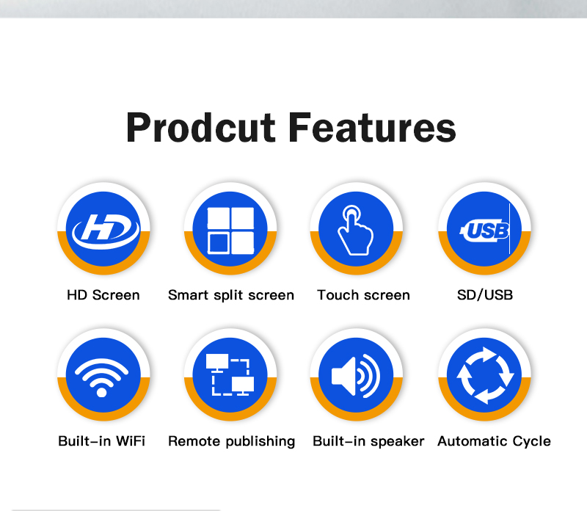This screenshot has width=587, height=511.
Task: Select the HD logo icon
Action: coord(106,231)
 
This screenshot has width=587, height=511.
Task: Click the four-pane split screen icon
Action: coord(230,231)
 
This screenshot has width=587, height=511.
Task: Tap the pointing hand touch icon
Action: coord(355,231)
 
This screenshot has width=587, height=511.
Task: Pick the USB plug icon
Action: coord(484,230)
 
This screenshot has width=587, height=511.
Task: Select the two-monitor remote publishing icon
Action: coord(230,374)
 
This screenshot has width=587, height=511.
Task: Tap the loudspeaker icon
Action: coord(356,376)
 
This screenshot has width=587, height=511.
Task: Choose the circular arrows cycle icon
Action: coord(485,375)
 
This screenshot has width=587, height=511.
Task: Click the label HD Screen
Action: coord(103,295)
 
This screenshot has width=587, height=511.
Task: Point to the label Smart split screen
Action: coord(231,296)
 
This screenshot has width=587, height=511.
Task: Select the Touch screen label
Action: coord(363,295)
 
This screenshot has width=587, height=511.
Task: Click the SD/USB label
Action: coord(485,295)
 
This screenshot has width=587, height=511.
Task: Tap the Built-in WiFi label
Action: coord(101,441)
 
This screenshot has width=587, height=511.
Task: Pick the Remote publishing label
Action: coord(232,442)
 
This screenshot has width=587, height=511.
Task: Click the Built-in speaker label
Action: coord(368,442)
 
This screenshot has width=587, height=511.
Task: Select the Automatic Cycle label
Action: coord(494,442)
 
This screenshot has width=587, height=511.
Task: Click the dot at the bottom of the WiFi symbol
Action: coord(101,392)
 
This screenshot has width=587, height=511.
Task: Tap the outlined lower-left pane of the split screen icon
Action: coord(219,243)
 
